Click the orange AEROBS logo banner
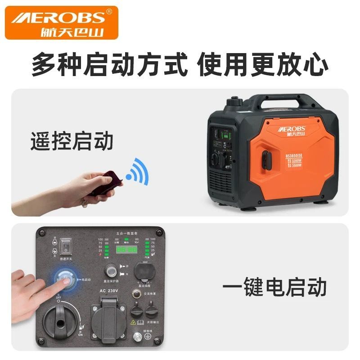pos(62,22)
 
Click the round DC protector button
pos(111,270)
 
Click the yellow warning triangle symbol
pos(133,322)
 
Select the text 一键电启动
pos(274,287)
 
